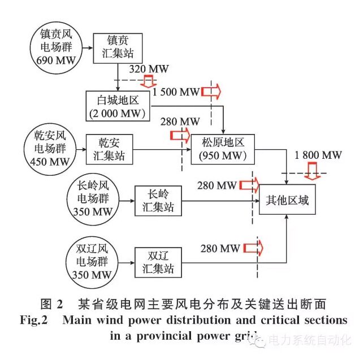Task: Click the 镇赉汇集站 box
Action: point(118,47)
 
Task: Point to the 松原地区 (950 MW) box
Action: point(223,149)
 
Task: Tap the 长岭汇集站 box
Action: point(158,200)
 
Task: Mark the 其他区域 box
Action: point(288,199)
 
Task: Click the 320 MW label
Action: point(149,69)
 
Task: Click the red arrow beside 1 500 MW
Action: point(210,91)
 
